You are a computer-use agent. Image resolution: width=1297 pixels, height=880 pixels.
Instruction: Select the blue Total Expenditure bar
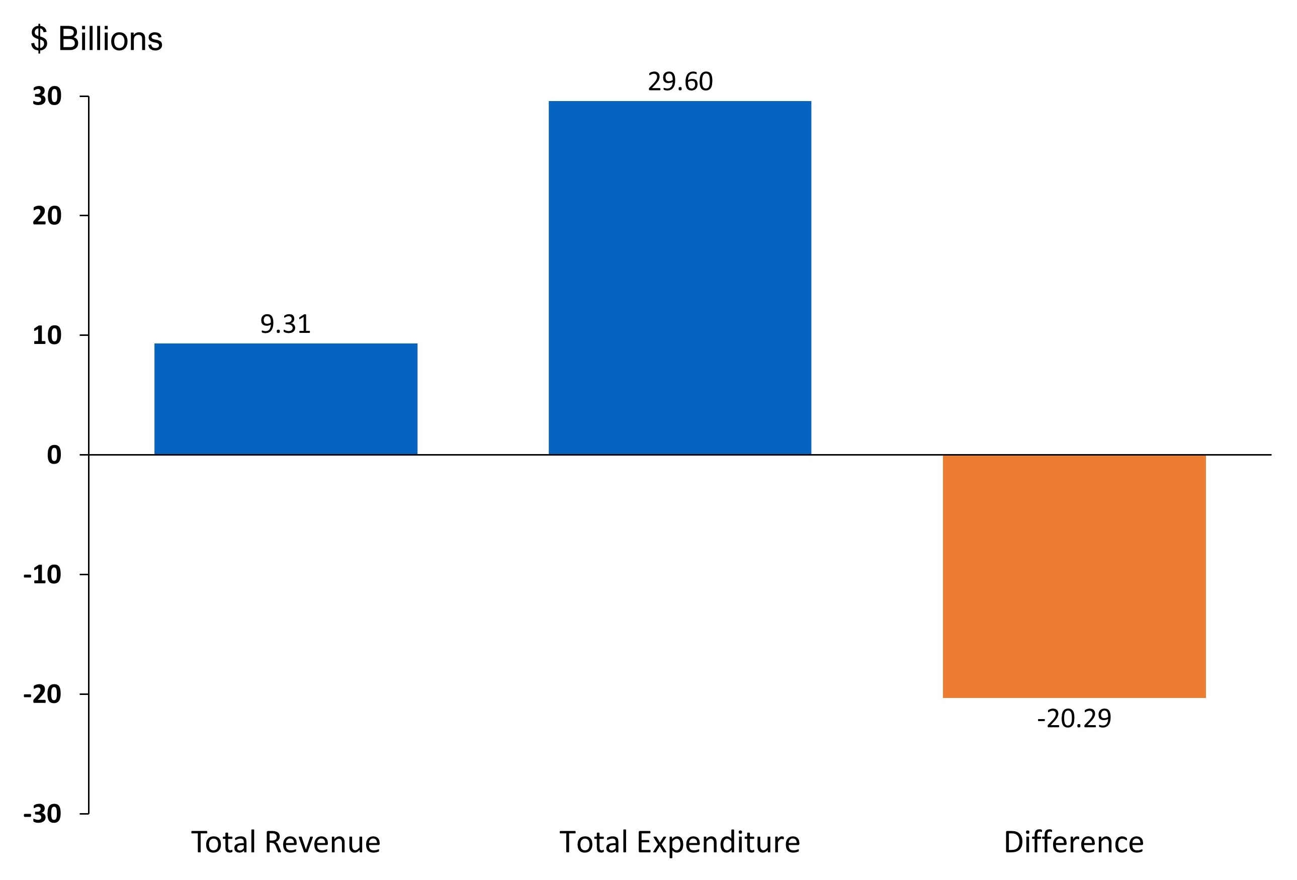tap(680, 278)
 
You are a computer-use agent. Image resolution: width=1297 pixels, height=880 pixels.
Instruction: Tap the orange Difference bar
tap(1074, 576)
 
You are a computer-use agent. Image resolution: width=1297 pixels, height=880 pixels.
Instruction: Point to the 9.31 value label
tap(285, 324)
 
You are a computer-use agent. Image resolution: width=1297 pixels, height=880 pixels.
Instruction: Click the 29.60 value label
tap(680, 82)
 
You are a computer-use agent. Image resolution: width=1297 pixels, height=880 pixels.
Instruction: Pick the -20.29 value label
tap(1074, 719)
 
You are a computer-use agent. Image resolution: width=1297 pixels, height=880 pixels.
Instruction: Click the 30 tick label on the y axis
tap(47, 97)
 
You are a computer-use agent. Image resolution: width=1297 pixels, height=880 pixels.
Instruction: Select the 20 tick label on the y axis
tap(47, 216)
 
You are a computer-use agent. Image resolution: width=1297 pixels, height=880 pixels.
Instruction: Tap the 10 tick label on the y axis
tap(47, 335)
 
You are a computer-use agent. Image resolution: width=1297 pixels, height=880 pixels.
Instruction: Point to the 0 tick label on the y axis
tap(54, 456)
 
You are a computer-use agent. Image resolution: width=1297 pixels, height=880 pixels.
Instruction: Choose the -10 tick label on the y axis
tap(42, 575)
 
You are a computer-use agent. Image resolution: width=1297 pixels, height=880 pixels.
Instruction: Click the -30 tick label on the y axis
tap(42, 814)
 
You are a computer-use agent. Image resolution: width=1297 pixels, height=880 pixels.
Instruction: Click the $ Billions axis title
tap(96, 39)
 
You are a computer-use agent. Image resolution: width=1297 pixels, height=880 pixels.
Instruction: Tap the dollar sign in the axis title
tap(39, 39)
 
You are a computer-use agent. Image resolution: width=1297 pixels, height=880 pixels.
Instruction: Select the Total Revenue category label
tap(286, 842)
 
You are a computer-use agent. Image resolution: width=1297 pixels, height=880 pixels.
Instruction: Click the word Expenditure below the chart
tap(718, 843)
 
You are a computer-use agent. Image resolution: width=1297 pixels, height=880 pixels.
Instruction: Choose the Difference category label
tap(1074, 842)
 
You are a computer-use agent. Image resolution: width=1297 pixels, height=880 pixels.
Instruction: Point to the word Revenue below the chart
tap(322, 842)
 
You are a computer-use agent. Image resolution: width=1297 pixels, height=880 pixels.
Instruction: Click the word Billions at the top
tap(110, 39)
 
